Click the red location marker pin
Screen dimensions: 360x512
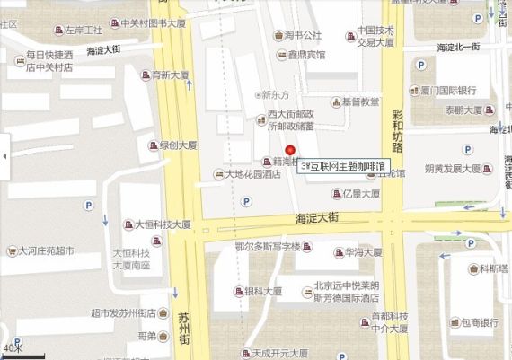click(x=289, y=151)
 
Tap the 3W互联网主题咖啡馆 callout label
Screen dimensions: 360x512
click(x=343, y=167)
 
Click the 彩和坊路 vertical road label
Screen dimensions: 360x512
click(x=398, y=129)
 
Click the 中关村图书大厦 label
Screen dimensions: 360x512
click(x=152, y=23)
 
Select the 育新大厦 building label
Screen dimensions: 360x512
click(x=172, y=75)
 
